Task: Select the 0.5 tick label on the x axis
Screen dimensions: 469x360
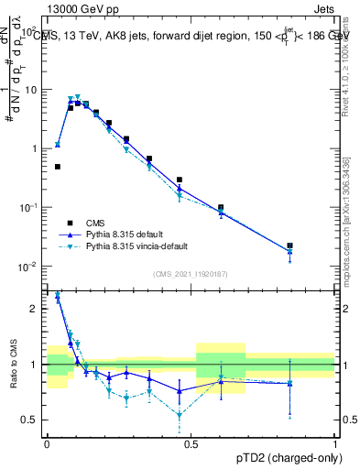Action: (191, 442)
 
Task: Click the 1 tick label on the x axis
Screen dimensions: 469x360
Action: (336, 442)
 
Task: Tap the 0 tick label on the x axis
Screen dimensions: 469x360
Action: (47, 442)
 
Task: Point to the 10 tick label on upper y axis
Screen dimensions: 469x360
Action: (32, 90)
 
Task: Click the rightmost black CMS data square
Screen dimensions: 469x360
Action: (289, 245)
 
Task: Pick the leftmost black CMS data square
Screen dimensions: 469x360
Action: (58, 167)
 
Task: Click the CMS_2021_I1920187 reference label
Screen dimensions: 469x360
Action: (191, 272)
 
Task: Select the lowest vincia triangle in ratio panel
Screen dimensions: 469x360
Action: (180, 415)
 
